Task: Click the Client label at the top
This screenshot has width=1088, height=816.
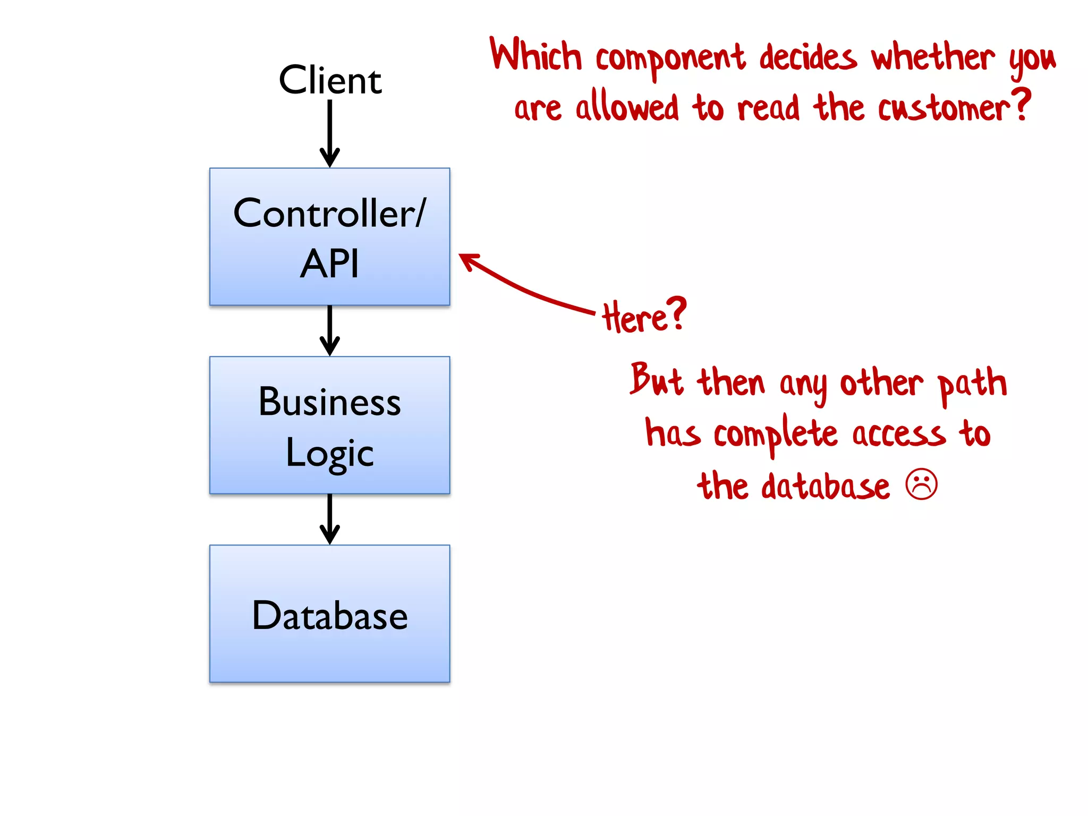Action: tap(330, 80)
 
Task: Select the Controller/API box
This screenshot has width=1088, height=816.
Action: tap(329, 236)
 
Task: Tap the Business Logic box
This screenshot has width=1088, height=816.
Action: tap(329, 425)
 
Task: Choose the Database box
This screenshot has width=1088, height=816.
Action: tap(329, 614)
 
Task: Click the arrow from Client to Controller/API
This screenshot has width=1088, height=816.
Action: tap(330, 133)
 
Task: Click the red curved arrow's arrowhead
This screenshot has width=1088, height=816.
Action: tap(467, 260)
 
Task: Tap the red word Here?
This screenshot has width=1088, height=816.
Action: tap(644, 316)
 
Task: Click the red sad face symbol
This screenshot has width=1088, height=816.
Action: tap(922, 484)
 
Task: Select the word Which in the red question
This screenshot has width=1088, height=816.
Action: tap(535, 55)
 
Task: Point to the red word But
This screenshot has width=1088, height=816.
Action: tap(657, 380)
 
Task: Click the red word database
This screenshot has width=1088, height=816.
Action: tap(825, 486)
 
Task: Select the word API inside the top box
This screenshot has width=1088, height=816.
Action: tap(329, 263)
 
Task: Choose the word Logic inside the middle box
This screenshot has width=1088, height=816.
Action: tap(329, 453)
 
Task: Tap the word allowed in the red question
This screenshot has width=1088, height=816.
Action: tap(627, 107)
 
